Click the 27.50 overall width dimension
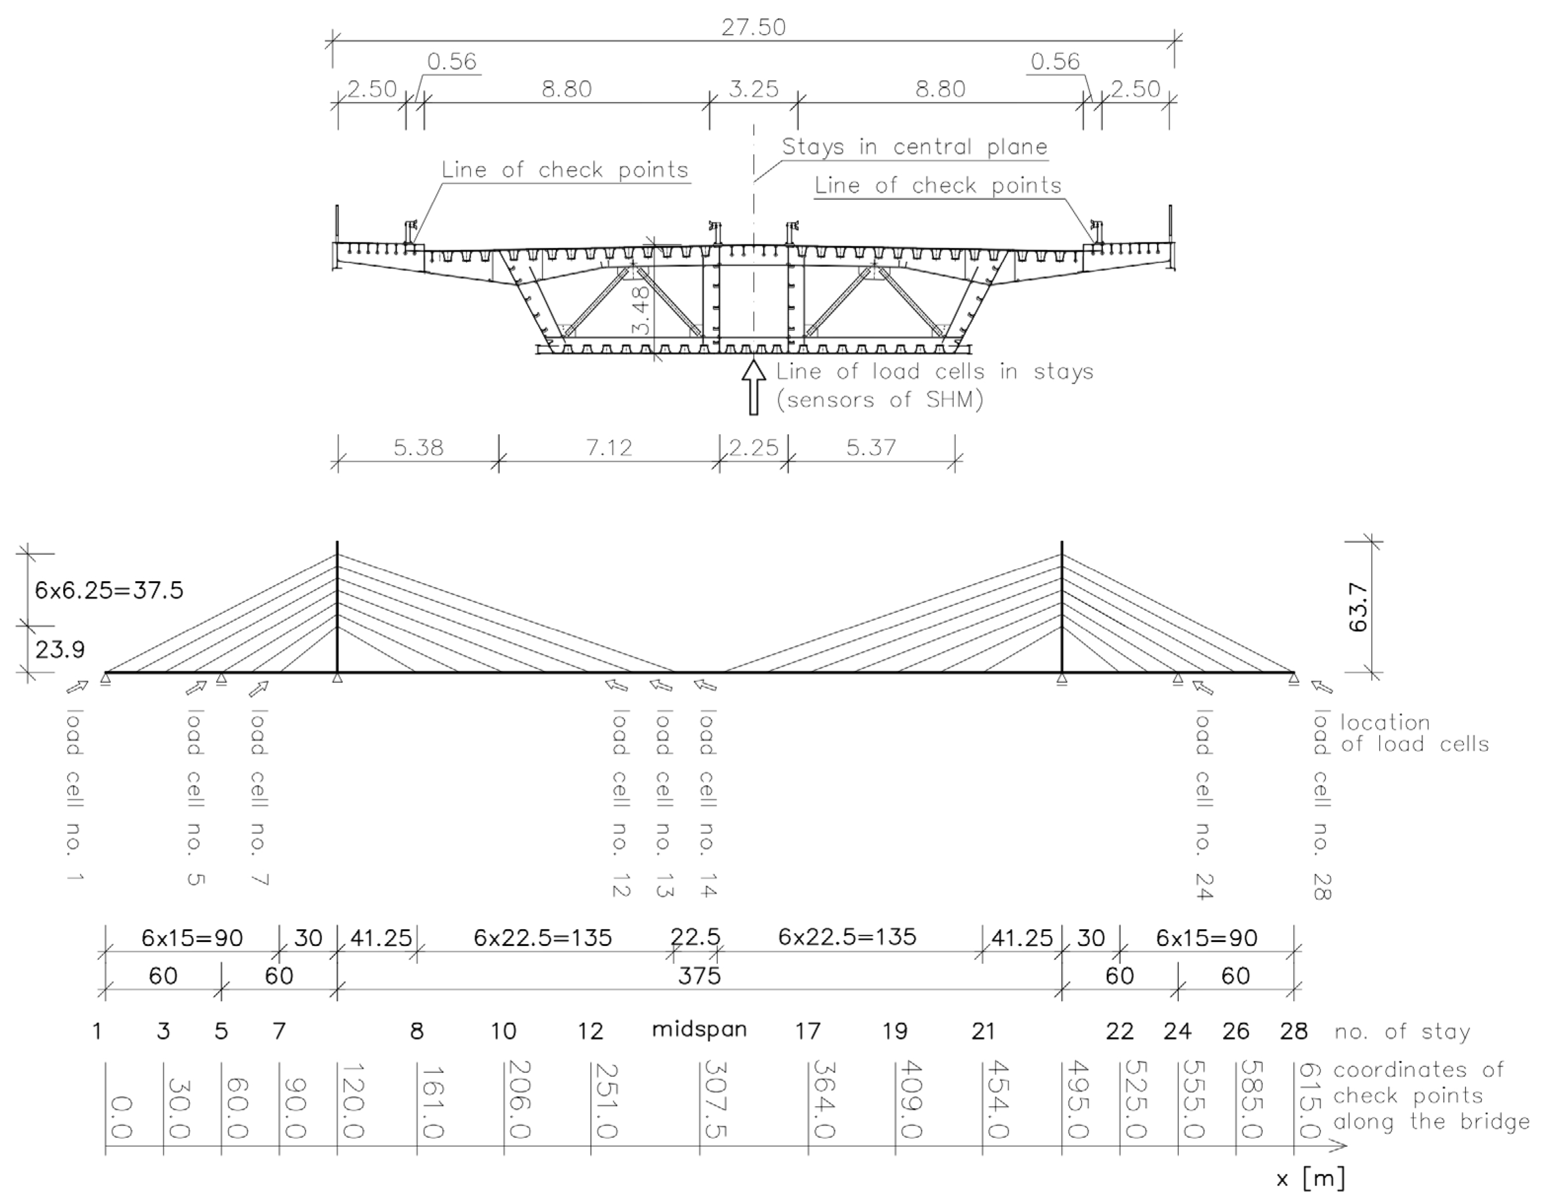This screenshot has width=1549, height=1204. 753,28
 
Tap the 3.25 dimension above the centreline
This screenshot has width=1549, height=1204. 753,89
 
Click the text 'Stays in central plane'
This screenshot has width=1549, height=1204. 914,147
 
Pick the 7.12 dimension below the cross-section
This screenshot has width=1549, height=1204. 608,448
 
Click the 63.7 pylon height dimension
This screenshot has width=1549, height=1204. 1358,607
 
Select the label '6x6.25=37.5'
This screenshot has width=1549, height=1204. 109,590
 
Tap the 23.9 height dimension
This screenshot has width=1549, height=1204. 60,649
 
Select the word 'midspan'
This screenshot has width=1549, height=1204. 699,1029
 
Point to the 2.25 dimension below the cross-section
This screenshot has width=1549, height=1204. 753,448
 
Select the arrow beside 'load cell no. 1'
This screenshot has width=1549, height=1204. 77,686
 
